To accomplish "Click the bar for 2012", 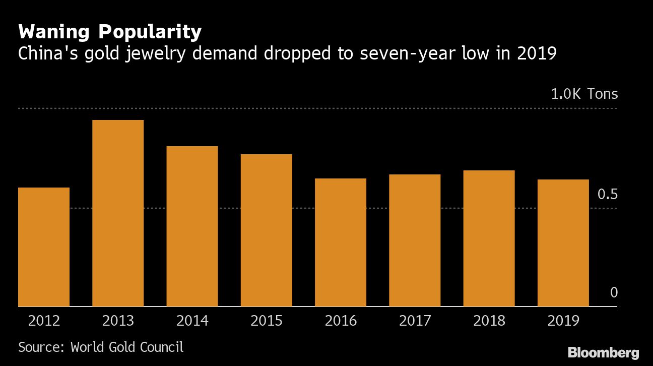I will [x=44, y=247].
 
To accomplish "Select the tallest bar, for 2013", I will [x=118, y=213].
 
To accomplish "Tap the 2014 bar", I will [x=192, y=226].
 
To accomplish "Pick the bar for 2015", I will [x=266, y=230].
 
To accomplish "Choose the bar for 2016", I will [x=341, y=242].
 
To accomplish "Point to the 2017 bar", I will [x=415, y=240].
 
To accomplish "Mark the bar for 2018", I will [x=489, y=238].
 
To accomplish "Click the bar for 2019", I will [x=563, y=242].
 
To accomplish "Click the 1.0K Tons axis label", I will [x=584, y=94].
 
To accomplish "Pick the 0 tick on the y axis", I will [x=613, y=293].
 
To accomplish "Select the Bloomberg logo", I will [x=603, y=352].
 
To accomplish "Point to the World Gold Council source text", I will [x=127, y=347].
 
